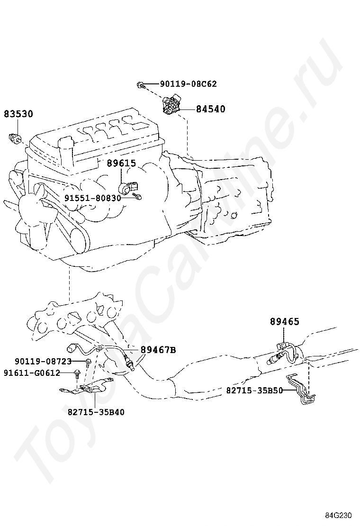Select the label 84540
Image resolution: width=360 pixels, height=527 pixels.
[x=211, y=109]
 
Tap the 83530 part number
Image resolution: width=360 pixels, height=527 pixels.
[x=18, y=114]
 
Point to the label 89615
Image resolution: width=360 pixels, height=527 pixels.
[x=122, y=163]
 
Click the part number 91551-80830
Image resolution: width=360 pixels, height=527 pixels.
[x=93, y=198]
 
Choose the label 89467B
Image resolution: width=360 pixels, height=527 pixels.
[x=158, y=350]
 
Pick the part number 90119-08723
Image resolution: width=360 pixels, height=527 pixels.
[x=43, y=361]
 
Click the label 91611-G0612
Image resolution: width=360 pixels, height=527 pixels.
[x=32, y=373]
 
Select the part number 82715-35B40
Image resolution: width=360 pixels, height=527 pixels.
[x=96, y=412]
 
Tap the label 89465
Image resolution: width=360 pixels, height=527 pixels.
[x=284, y=322]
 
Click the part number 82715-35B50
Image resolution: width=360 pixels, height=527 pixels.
[x=254, y=390]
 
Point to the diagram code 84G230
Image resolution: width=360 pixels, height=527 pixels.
[x=338, y=515]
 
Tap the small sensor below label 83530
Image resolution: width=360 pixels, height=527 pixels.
[x=15, y=137]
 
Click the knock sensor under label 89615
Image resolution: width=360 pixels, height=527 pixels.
[x=129, y=187]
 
